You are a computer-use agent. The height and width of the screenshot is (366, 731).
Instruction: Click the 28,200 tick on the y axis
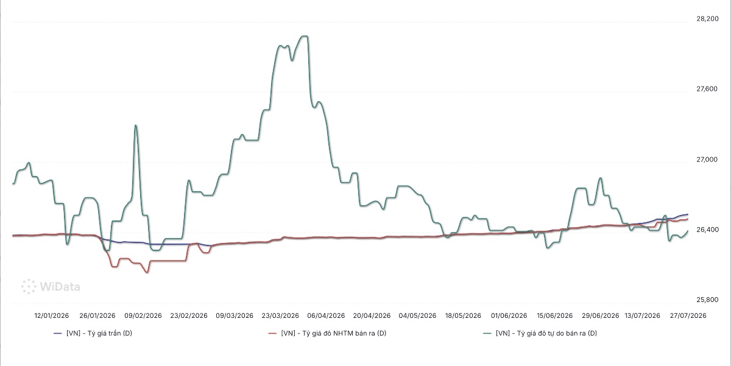[707, 19]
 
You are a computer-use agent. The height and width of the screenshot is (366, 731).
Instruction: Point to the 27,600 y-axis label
[707, 89]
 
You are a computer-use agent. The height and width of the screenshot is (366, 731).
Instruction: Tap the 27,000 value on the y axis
[707, 160]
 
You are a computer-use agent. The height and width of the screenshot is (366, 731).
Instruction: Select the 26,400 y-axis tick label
[707, 230]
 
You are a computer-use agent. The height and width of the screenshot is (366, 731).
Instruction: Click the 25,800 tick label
[707, 300]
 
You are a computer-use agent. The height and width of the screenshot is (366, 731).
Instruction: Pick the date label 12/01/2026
[52, 316]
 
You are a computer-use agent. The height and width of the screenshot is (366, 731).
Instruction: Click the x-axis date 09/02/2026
[143, 316]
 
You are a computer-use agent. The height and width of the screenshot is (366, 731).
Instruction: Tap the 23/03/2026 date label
[280, 316]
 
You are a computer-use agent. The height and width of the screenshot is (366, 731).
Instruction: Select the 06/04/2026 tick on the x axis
[326, 316]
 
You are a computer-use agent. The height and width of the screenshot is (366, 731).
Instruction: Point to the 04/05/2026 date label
[417, 316]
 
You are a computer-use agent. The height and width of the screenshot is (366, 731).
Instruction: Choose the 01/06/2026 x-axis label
[509, 316]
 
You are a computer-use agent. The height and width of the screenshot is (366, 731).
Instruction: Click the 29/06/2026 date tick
[601, 316]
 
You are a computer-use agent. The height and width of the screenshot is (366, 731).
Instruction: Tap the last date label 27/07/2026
[688, 316]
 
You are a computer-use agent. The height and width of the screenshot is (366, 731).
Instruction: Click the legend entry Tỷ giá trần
[93, 333]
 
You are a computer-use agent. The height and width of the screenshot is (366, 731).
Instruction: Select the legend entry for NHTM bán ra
[327, 333]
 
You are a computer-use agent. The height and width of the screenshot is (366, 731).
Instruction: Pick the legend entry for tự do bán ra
[540, 333]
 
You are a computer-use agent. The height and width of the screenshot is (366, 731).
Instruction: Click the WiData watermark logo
[51, 287]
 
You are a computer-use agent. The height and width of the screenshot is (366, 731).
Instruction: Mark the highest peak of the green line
[304, 36]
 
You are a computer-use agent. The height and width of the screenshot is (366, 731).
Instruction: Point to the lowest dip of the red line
[147, 272]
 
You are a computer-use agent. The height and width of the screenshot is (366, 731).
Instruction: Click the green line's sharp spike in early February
[136, 125]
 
